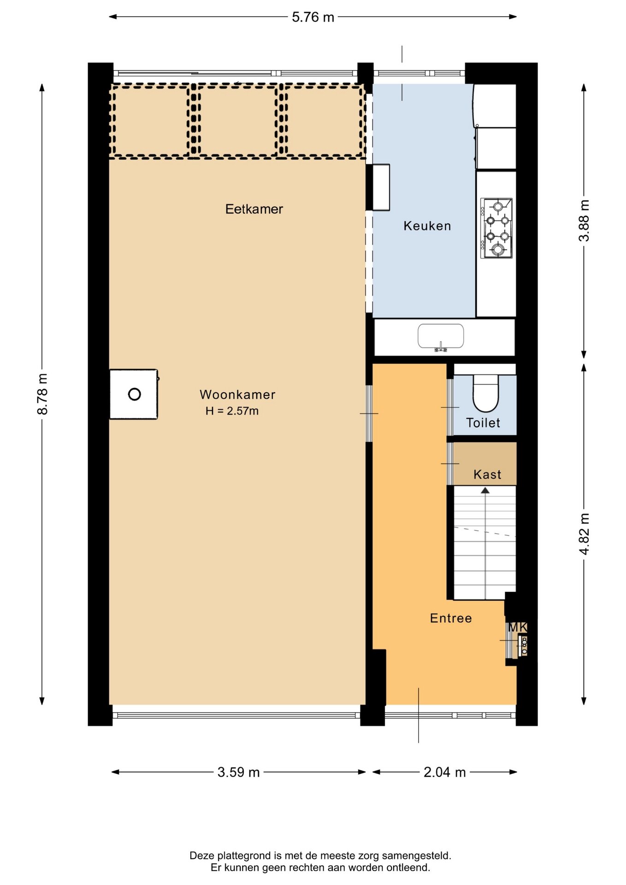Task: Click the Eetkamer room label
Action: tap(254, 209)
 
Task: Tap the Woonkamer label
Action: tap(237, 395)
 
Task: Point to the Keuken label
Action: tap(427, 226)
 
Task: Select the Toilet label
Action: tap(483, 423)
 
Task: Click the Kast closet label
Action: tap(487, 474)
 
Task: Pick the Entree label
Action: tap(451, 618)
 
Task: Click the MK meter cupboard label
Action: tap(517, 627)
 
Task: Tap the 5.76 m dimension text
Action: tap(313, 17)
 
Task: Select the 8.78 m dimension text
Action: tap(42, 394)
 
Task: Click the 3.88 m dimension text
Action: tap(584, 220)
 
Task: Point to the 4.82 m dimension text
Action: tap(584, 534)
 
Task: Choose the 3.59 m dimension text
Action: tap(238, 772)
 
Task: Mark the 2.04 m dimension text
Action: tap(445, 772)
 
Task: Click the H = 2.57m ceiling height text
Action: tap(232, 411)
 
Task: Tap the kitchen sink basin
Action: tap(441, 336)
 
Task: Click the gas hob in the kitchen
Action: tap(496, 228)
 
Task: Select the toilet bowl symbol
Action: tap(486, 393)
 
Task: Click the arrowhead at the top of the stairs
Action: tap(485, 491)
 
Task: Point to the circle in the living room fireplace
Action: tap(135, 394)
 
